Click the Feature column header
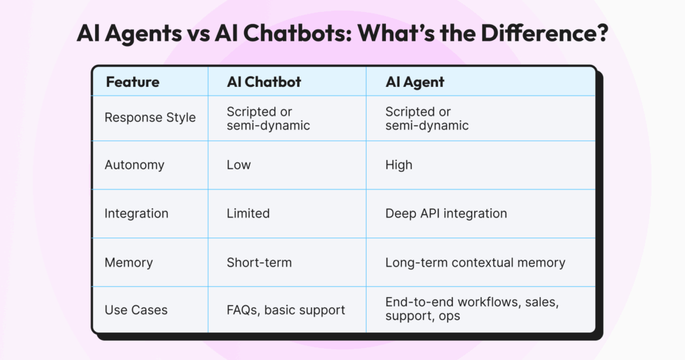132,82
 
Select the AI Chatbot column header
264,82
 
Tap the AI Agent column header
415,82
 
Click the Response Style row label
150,118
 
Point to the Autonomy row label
134,165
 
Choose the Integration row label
136,213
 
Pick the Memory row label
128,262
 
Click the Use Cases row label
136,310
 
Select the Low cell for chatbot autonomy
239,165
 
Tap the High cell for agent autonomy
399,165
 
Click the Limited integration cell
248,213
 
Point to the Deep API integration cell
446,213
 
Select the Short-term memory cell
259,262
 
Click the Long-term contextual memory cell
476,262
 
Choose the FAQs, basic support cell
286,310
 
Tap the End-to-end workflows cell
472,309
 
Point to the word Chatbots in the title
297,33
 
